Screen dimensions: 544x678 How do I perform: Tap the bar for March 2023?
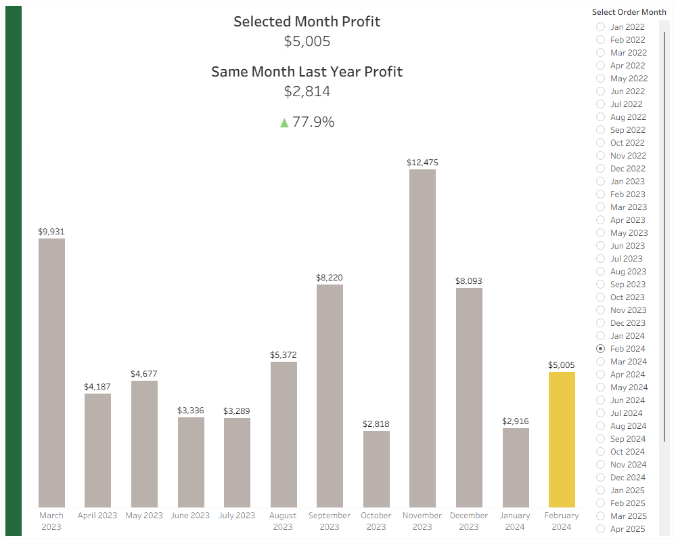(51, 373)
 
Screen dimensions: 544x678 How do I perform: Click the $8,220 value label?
(330, 278)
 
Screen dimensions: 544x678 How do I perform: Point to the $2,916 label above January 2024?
(516, 421)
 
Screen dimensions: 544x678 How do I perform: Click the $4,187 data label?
(97, 387)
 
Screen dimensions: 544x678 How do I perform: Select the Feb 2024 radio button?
(600, 349)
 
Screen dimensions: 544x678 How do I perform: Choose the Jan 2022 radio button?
(600, 27)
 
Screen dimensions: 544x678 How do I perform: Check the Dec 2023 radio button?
(600, 323)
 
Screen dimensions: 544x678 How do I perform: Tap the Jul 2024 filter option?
(600, 413)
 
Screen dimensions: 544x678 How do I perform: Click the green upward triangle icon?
(284, 123)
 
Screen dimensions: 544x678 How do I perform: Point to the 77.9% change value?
(313, 122)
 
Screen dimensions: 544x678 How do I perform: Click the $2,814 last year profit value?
(307, 91)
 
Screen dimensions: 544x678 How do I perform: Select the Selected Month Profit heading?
(307, 22)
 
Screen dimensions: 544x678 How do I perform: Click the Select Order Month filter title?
(629, 12)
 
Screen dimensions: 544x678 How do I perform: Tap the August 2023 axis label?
(283, 521)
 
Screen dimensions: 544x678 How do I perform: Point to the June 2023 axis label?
(190, 516)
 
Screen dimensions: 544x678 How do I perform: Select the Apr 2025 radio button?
(600, 529)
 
